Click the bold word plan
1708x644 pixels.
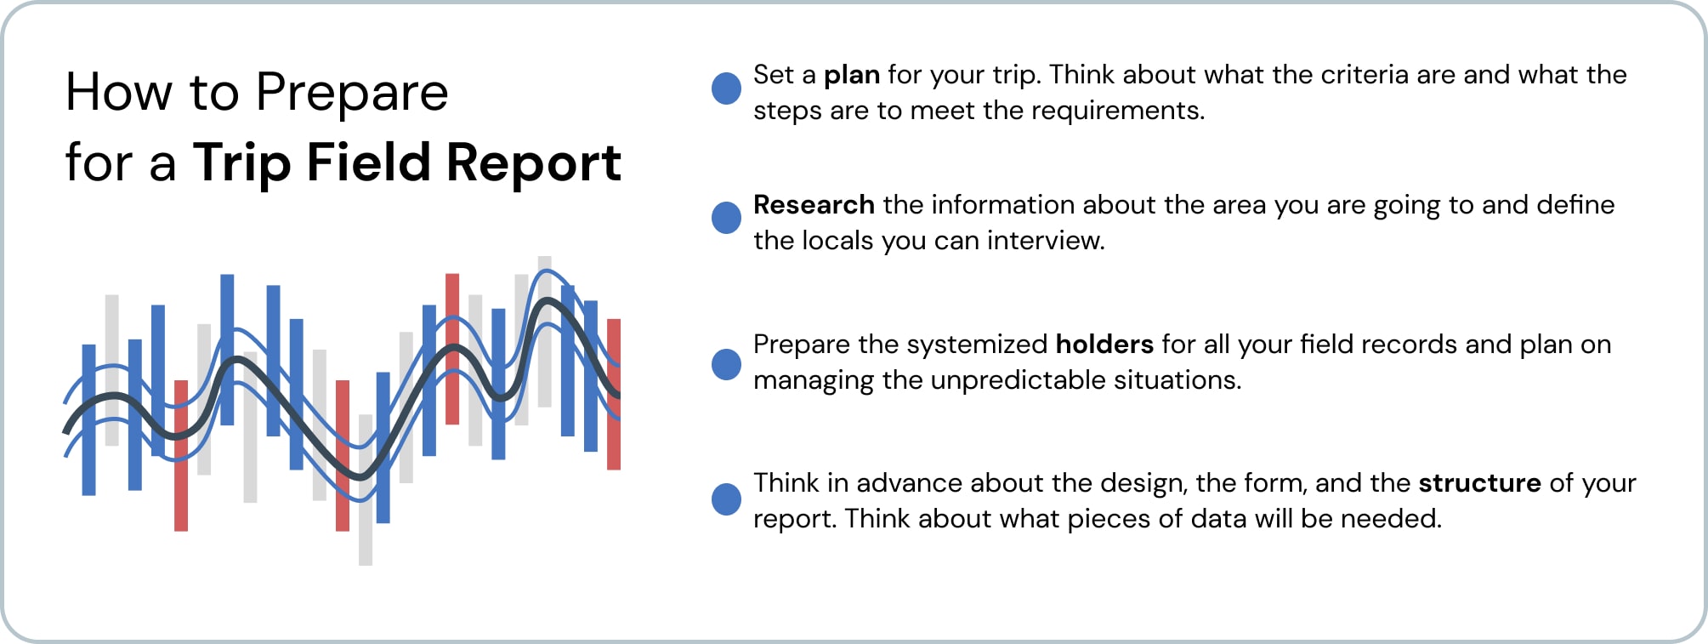(851, 76)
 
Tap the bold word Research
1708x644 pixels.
(814, 205)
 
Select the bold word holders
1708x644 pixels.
(1104, 345)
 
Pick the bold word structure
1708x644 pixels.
(1478, 483)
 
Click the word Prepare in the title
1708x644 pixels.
(351, 94)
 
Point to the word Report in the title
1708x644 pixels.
(533, 162)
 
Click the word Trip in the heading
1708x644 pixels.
(241, 162)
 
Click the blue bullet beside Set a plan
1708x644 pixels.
(726, 88)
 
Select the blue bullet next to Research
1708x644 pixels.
(726, 218)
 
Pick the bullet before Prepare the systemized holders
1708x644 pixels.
(726, 364)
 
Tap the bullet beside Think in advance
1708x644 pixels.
(726, 499)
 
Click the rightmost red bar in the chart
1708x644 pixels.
(614, 394)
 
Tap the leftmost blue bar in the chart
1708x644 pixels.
(88, 419)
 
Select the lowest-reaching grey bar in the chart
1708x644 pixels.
(366, 489)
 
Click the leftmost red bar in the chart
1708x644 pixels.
(180, 455)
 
